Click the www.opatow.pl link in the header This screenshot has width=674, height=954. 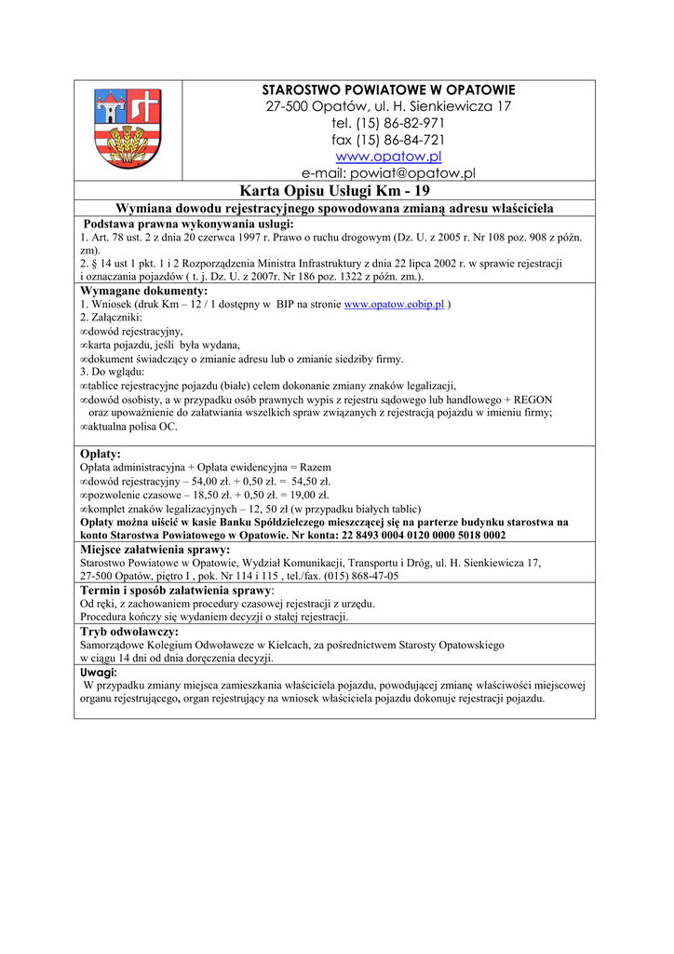[x=388, y=157]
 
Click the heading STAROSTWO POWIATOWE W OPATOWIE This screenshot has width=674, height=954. [x=388, y=89]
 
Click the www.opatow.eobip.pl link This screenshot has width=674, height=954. [x=395, y=305]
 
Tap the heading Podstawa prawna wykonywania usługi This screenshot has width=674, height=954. [x=188, y=225]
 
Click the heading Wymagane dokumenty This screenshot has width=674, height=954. [x=144, y=292]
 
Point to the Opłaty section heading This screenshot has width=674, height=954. [x=101, y=454]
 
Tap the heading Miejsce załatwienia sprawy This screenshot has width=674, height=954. [x=155, y=550]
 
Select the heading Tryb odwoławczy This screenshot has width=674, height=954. [x=128, y=631]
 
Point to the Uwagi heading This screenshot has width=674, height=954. [x=99, y=672]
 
